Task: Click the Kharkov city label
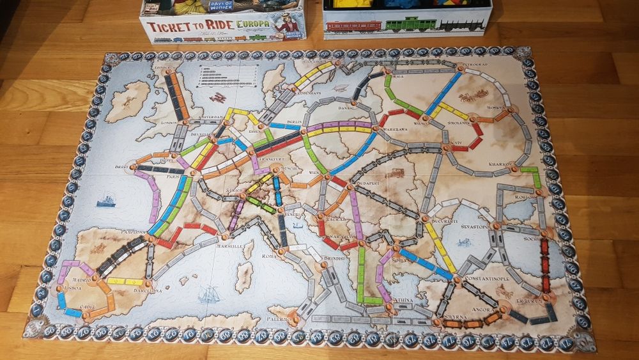pos(498,164)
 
